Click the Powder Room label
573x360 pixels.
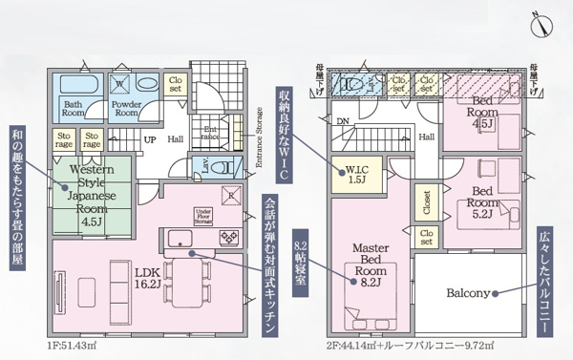coord(125,107)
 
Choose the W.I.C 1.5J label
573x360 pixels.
coord(358,175)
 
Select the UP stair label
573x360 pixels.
coord(149,139)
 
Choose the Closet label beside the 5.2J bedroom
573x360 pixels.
coord(425,201)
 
